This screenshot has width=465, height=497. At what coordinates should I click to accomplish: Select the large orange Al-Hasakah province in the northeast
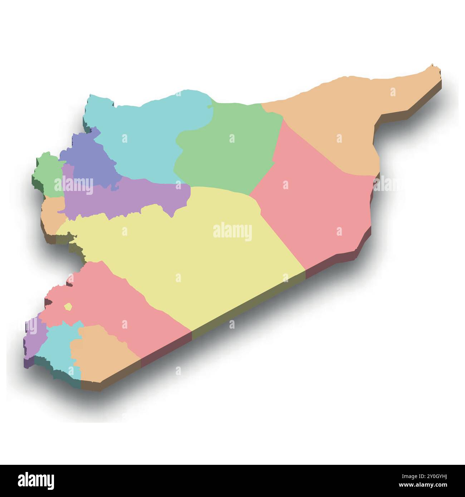click(x=333, y=122)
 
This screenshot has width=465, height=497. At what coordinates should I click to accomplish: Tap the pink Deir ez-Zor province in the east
click(x=315, y=207)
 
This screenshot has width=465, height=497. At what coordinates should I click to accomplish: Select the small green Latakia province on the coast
click(x=48, y=175)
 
